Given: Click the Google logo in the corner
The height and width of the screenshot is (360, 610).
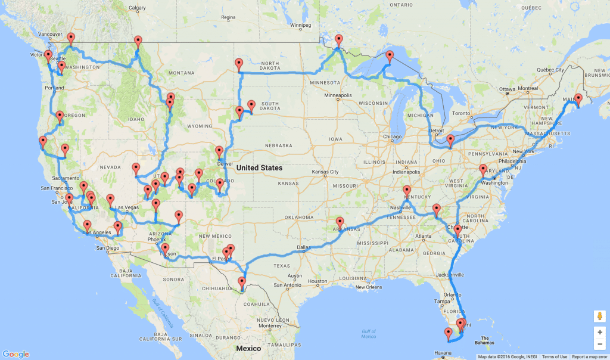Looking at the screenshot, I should click(x=15, y=353).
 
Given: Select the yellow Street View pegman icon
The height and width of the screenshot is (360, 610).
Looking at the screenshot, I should click(x=599, y=316).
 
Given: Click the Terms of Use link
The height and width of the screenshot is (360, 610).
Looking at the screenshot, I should click(x=554, y=356).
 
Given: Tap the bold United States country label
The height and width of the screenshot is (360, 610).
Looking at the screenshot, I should click(x=259, y=168).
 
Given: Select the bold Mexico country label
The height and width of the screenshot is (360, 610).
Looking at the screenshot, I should click(x=248, y=348).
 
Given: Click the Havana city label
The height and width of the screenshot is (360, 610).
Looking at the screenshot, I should click(x=443, y=352).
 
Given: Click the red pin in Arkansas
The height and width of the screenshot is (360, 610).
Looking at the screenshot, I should click(x=340, y=222).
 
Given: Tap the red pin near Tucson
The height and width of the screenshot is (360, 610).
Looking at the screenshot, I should click(x=165, y=249).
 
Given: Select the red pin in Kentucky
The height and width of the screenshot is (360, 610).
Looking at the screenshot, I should click(x=407, y=191).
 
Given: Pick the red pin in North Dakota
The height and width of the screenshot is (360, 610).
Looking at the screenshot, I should click(x=239, y=64).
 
